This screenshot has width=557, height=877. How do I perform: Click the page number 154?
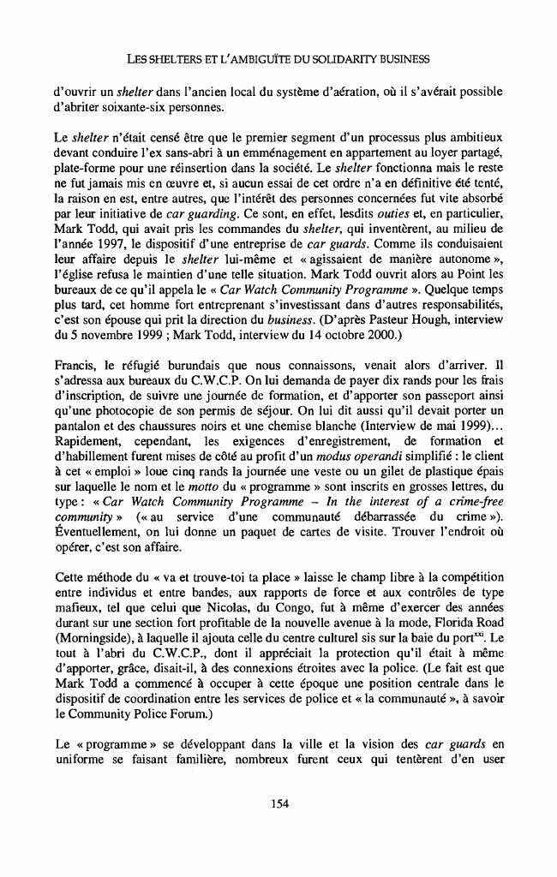pos(278,802)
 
